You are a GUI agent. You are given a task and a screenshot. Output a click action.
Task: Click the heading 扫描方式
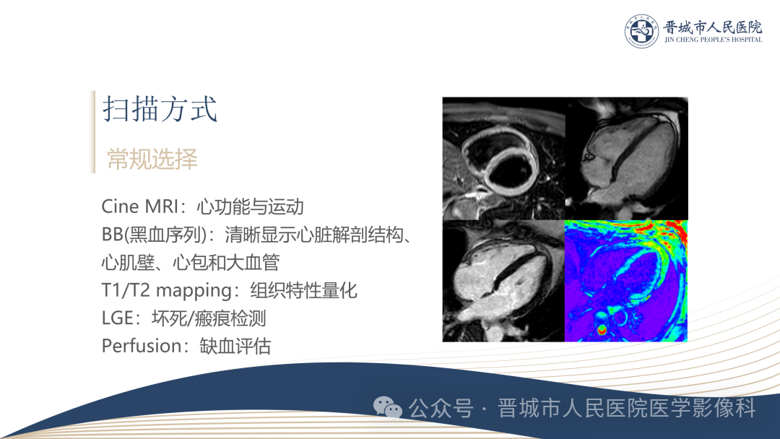tap(160, 109)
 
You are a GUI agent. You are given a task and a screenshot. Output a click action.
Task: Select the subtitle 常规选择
tap(152, 159)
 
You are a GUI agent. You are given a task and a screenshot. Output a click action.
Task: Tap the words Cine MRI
tap(140, 207)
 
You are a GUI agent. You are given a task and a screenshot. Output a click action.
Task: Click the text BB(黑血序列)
tap(154, 234)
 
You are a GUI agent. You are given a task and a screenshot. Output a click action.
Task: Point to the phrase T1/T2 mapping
tap(166, 290)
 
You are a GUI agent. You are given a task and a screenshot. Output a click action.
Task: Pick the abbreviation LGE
tap(118, 318)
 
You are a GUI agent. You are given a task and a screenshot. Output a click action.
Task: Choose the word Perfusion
tap(141, 346)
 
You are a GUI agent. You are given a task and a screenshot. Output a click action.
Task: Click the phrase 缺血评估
tap(235, 346)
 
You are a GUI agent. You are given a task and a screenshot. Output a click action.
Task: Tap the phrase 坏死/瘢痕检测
tap(209, 318)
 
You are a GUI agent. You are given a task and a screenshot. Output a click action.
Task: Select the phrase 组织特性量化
tap(303, 290)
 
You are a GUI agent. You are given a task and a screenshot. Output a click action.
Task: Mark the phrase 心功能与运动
tap(250, 207)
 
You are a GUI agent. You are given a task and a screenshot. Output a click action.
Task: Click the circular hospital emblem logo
tap(642, 31)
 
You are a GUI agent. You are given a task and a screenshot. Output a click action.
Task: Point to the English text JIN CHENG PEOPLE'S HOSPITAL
tap(714, 40)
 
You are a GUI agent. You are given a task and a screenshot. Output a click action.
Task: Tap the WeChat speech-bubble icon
tap(388, 408)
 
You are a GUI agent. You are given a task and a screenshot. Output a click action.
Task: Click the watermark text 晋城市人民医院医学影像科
tap(627, 408)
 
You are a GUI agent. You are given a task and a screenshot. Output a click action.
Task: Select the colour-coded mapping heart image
tap(626, 281)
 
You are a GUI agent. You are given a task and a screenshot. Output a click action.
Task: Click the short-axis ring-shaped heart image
tap(504, 159)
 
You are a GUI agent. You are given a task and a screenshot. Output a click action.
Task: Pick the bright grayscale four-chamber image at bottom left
tap(504, 281)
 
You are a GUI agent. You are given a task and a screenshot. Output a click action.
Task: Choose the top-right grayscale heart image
tap(627, 159)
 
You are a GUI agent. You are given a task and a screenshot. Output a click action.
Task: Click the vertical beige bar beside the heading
tap(93, 131)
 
